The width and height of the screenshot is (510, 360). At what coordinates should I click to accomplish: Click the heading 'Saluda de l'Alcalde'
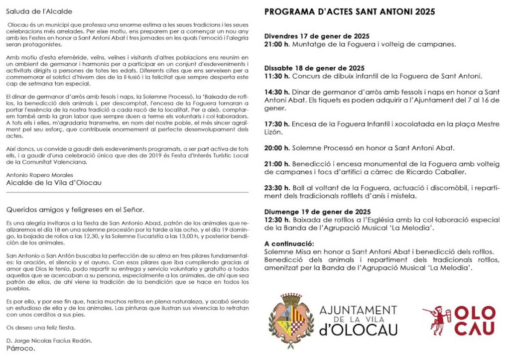(39, 11)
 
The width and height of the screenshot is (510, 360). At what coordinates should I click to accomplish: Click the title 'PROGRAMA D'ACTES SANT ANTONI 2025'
(350, 11)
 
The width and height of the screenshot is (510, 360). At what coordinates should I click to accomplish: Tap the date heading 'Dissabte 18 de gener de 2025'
(314, 68)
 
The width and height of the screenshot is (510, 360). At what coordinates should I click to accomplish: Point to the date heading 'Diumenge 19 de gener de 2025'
(317, 212)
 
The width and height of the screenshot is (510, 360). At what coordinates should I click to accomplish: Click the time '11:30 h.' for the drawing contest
(277, 76)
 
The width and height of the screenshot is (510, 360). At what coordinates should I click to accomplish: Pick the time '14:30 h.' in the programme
(277, 92)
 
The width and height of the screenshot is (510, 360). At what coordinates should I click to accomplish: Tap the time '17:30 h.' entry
(277, 124)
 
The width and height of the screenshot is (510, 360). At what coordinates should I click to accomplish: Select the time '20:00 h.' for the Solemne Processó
(277, 148)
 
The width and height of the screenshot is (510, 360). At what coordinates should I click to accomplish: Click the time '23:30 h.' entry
(277, 188)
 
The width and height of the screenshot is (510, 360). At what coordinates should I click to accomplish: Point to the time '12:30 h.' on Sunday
(277, 220)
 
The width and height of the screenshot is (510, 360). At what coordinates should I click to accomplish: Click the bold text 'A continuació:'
(289, 243)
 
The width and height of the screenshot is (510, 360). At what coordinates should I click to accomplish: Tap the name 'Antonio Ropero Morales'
(39, 175)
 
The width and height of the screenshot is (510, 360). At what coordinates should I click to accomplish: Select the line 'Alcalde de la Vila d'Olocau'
(54, 183)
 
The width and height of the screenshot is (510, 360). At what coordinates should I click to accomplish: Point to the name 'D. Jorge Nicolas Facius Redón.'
(49, 341)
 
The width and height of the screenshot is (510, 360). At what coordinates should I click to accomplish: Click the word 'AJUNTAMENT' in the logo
(358, 310)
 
